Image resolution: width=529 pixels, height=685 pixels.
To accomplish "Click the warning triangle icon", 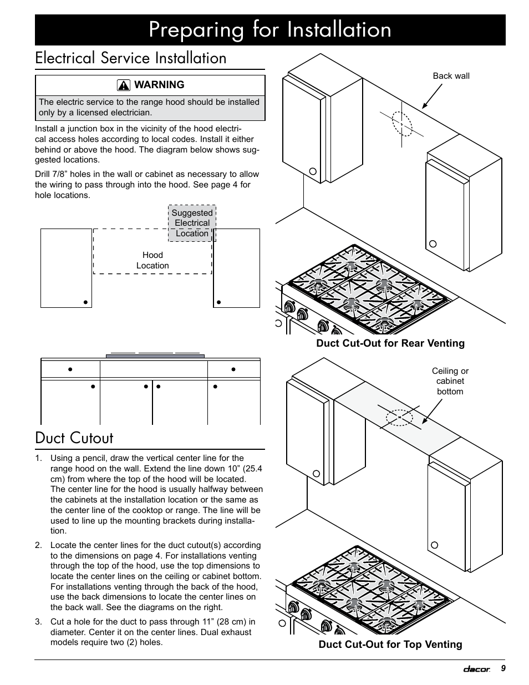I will pyautogui.click(x=124, y=85).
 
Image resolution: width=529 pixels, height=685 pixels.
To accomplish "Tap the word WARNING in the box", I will pyautogui.click(x=159, y=85).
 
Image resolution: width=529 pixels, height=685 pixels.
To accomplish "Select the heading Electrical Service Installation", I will pyautogui.click(x=131, y=58).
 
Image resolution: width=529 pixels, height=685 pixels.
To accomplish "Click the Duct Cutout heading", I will pyautogui.click(x=74, y=438).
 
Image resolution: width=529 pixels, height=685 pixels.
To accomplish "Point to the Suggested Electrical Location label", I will pyautogui.click(x=192, y=223).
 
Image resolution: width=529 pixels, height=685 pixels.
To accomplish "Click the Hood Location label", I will pyautogui.click(x=152, y=260).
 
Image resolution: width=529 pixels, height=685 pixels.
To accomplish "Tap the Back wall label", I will pyautogui.click(x=451, y=76).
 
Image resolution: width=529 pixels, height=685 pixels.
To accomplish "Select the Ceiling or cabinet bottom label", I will pyautogui.click(x=450, y=381).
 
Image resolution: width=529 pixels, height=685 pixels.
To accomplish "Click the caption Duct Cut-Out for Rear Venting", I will pyautogui.click(x=390, y=343).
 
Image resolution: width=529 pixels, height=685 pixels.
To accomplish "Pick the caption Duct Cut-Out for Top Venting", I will pyautogui.click(x=390, y=645).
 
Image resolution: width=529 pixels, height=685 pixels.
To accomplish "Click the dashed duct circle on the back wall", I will pyautogui.click(x=402, y=123).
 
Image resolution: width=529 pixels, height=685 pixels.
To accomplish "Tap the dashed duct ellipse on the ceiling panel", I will pyautogui.click(x=399, y=417).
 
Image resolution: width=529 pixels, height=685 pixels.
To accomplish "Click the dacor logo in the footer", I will pyautogui.click(x=477, y=669).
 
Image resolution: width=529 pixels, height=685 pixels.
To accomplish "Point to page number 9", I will pyautogui.click(x=503, y=668).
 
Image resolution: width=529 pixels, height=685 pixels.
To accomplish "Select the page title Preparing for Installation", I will pyautogui.click(x=270, y=30).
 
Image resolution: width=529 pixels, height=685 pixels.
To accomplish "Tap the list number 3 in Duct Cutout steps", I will pyautogui.click(x=38, y=622).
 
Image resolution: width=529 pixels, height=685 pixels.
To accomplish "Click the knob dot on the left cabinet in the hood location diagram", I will pyautogui.click(x=85, y=302).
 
